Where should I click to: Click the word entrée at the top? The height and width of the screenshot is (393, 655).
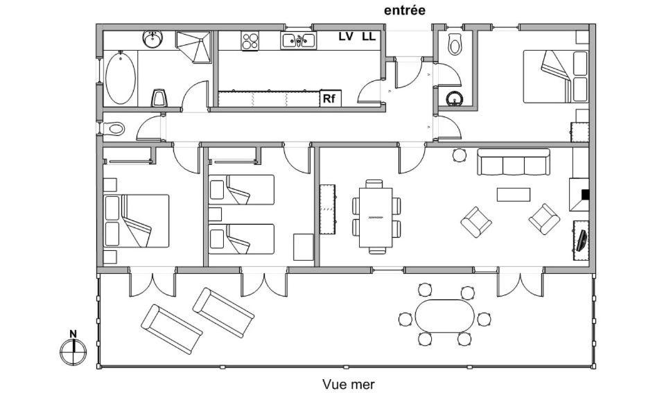[404, 10]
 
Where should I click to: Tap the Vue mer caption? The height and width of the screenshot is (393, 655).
[349, 383]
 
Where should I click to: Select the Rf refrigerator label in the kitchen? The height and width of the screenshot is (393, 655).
[329, 99]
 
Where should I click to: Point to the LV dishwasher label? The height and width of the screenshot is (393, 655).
[346, 37]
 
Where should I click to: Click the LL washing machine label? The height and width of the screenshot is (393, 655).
[368, 37]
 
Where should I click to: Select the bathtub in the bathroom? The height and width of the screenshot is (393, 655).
[119, 78]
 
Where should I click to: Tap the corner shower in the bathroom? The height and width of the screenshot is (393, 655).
[195, 46]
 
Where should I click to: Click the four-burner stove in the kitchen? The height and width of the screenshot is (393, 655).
[250, 41]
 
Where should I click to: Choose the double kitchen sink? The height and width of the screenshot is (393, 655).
[299, 41]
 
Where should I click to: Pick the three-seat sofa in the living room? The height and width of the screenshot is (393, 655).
[513, 162]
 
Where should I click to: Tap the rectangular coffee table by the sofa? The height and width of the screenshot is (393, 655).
[513, 195]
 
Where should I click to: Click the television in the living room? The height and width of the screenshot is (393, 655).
[581, 240]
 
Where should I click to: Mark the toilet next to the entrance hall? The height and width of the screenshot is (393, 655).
[455, 44]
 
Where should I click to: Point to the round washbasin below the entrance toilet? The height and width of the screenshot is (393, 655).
[454, 98]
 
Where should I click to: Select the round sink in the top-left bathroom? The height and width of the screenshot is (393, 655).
[152, 40]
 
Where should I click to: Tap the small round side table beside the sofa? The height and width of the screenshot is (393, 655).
[458, 155]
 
